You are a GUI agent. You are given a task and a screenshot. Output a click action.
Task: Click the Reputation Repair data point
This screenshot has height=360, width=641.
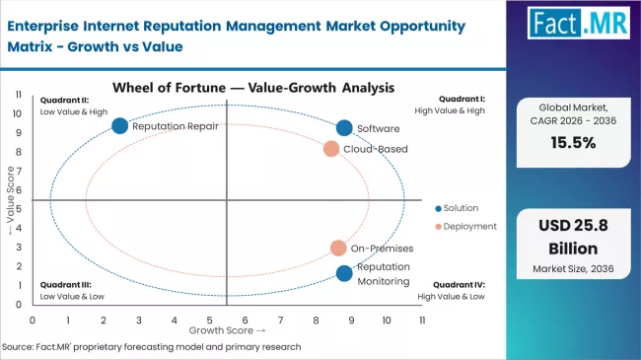coord(119,125)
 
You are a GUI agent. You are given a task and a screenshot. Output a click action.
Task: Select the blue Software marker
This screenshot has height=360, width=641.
coord(343,128)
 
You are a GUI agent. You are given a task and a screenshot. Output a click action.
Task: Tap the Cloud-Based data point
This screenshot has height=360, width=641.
coord(331,149)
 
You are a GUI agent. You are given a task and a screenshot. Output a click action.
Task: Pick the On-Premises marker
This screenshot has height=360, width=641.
coord(338,249)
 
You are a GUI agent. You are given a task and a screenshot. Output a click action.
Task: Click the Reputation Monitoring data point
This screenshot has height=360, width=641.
coord(343,273)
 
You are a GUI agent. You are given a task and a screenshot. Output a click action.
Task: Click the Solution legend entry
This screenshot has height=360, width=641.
coord(455,207)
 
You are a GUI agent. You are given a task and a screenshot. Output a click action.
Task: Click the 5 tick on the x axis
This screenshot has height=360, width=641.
coord(209,321)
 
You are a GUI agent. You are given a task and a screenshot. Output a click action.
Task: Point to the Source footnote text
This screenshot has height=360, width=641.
coord(152,347)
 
